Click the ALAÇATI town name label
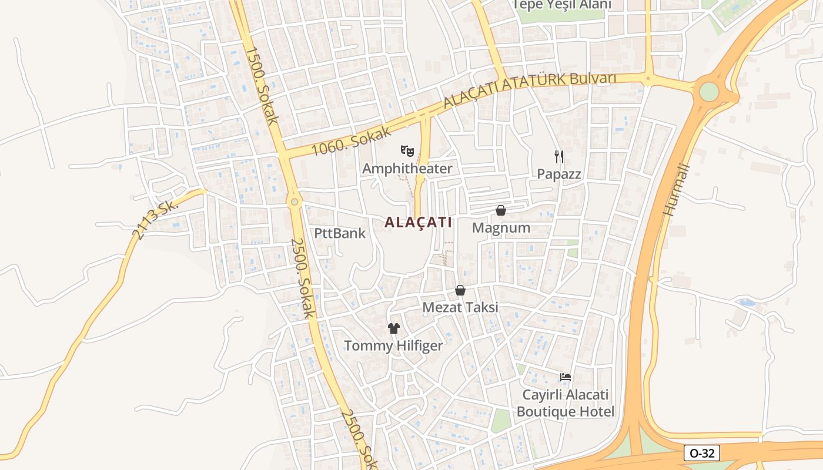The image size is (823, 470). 418,223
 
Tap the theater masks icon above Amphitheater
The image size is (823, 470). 407,151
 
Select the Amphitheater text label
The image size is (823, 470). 407,169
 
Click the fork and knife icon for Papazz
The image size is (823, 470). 559,156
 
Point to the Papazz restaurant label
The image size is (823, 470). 559,174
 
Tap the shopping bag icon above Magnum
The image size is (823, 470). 501,210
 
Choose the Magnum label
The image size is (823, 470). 501,227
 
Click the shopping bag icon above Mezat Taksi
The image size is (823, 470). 460,290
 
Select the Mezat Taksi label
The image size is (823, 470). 460,307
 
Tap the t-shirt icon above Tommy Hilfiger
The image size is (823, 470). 393,328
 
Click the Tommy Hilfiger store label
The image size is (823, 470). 393,345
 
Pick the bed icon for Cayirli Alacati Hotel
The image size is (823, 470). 566,377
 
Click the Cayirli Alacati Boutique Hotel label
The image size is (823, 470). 566,403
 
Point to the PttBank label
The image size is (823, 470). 340,233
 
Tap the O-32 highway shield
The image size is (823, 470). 702,453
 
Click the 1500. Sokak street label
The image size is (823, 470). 261,86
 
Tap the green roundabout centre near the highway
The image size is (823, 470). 710,92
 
